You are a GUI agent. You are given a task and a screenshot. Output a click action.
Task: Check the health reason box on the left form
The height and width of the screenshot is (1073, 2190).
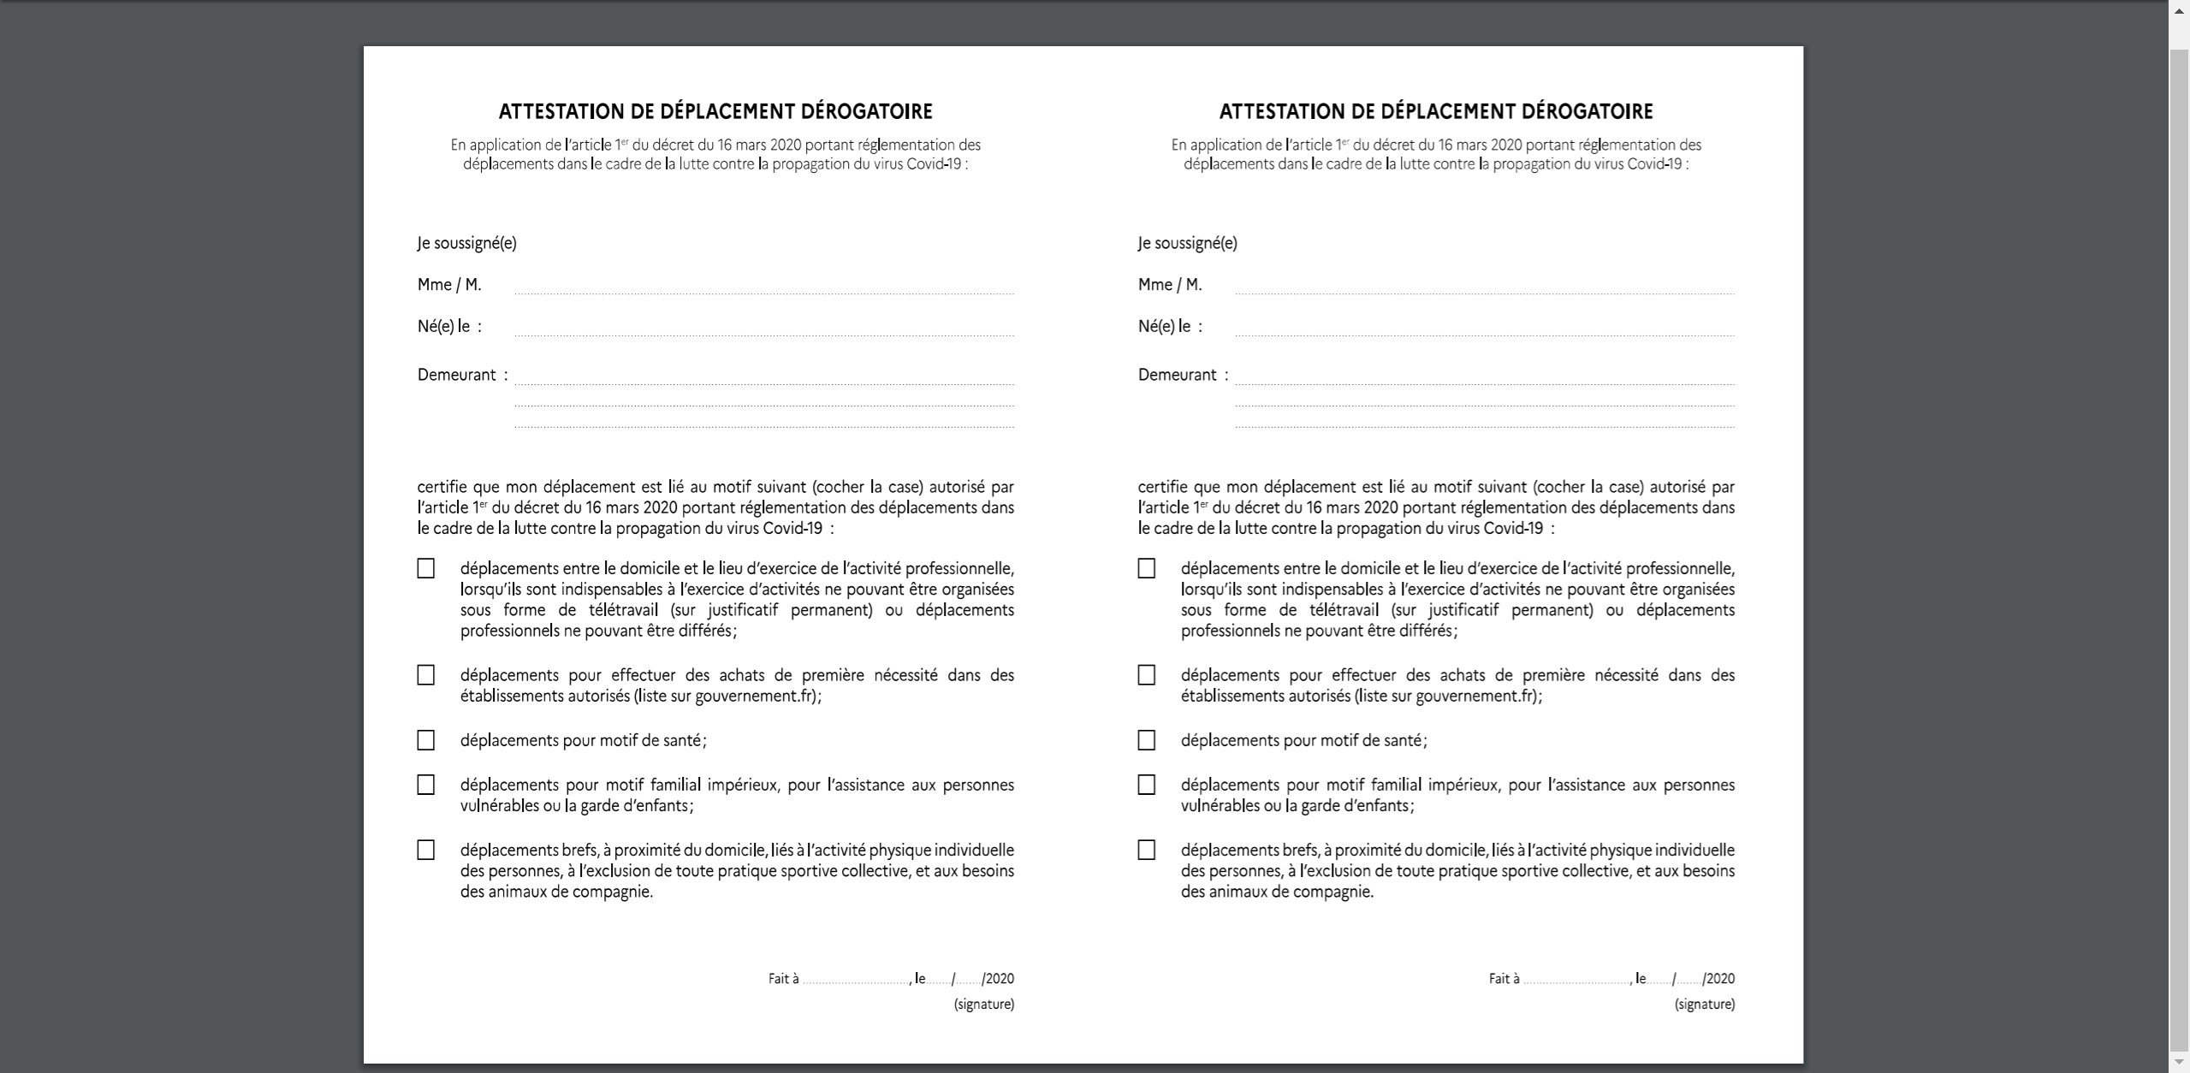point(425,740)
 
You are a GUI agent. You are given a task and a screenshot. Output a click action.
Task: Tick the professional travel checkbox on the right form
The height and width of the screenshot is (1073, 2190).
point(1146,569)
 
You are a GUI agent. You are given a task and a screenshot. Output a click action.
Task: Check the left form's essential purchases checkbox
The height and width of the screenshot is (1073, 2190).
point(425,675)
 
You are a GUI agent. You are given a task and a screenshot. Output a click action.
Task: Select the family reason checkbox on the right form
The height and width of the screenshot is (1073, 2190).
point(1146,785)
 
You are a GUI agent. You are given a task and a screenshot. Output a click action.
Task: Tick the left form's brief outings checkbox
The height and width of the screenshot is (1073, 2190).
point(425,850)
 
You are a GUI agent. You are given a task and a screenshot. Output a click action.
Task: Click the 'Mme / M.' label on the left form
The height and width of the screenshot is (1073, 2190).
point(449,285)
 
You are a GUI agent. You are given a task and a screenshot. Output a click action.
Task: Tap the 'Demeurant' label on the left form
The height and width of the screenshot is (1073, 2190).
point(457,375)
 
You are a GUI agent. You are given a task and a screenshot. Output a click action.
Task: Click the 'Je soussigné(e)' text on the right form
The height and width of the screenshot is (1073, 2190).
point(1187,243)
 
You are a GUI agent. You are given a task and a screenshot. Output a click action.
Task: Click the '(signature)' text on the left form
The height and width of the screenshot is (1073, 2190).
point(984,1004)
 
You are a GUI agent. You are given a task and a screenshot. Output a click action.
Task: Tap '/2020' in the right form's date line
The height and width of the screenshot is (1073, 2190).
point(1718,979)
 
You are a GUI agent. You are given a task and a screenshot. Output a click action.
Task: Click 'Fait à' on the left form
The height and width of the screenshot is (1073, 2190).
point(783,979)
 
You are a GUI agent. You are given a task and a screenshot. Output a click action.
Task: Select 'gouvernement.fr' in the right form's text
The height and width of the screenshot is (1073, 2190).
point(1475,696)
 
